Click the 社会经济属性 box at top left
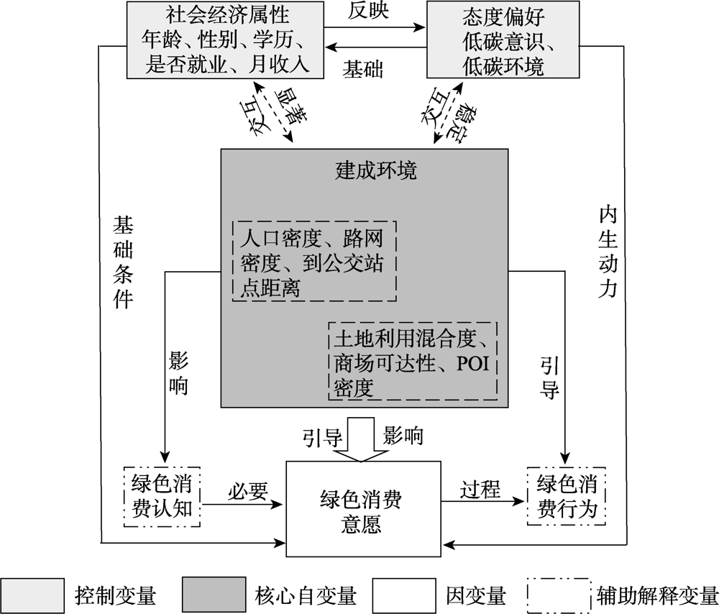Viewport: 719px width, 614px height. (x=225, y=40)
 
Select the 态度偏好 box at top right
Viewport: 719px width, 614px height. (x=503, y=40)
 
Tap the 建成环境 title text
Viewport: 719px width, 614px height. (x=376, y=170)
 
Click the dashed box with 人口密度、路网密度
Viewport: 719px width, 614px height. (x=315, y=262)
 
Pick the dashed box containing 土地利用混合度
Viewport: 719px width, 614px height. (x=413, y=362)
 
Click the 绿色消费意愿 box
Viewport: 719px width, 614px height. (x=363, y=509)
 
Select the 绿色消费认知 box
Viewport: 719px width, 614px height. (x=162, y=497)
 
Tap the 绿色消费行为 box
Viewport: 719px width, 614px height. (x=567, y=496)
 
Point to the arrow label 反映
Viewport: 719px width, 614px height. (x=368, y=11)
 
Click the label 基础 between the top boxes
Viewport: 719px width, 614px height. (x=362, y=70)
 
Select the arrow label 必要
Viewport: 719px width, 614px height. (x=248, y=491)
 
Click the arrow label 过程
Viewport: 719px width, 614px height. (x=480, y=490)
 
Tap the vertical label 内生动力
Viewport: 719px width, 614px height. (x=608, y=252)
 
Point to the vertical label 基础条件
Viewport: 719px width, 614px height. (x=124, y=262)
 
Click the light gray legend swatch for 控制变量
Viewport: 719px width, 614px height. (x=32, y=595)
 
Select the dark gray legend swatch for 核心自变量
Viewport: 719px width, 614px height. (x=214, y=595)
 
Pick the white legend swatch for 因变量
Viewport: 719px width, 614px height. (x=404, y=595)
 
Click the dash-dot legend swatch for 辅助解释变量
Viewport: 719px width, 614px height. (x=559, y=595)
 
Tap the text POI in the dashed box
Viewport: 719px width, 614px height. (x=473, y=364)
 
